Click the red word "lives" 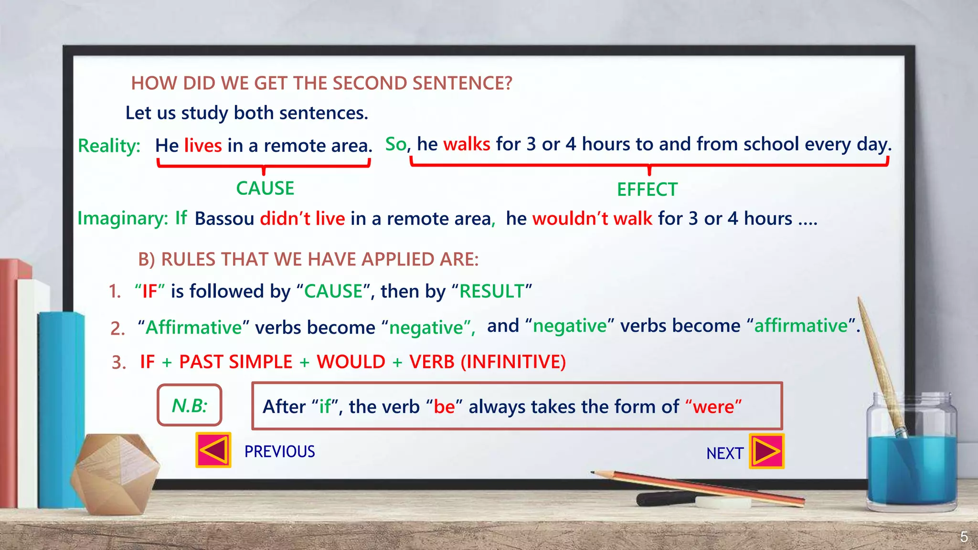203,146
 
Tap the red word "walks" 467,144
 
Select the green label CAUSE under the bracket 265,189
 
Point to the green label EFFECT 647,190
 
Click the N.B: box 190,405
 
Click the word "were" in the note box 713,407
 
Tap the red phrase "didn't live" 302,219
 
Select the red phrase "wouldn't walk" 592,219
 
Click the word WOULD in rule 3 351,362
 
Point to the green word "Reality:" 109,146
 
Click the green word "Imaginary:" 123,218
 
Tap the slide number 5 964,537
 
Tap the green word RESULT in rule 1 492,291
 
